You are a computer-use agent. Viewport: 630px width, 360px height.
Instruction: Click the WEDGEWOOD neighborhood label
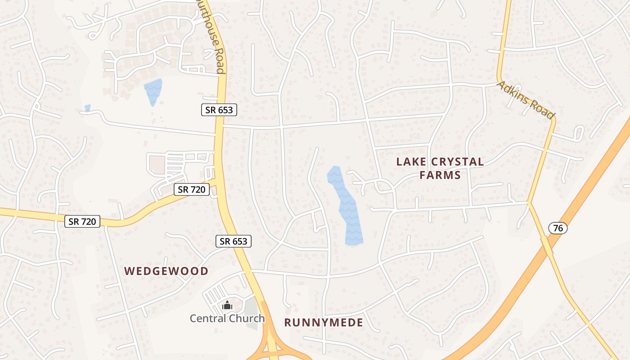[166, 271]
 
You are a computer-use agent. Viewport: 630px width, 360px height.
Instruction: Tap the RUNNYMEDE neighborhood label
[324, 323]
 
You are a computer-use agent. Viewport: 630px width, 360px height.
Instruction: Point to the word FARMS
[440, 175]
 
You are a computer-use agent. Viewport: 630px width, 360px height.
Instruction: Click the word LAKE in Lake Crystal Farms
[410, 162]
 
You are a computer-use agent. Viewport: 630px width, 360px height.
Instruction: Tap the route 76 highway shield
[558, 228]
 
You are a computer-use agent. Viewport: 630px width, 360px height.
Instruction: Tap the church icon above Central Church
[227, 306]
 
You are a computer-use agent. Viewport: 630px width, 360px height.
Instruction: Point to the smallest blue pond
[87, 108]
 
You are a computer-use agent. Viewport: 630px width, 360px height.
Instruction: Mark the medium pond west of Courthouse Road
[153, 91]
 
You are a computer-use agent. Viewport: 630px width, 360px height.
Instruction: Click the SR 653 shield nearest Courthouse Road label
[219, 110]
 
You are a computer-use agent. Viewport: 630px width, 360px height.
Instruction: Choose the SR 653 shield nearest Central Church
[233, 241]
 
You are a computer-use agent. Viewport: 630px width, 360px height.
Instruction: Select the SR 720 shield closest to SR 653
[192, 189]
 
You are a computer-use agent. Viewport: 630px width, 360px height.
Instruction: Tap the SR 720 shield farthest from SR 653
[82, 221]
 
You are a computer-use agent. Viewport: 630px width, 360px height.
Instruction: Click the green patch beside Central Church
[251, 310]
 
